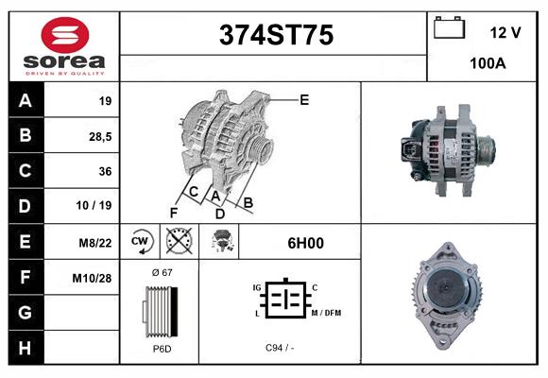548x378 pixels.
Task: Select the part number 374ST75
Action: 275,35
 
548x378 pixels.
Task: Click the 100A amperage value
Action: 488,64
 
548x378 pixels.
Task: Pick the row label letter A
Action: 25,100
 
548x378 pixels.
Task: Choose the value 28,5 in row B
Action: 99,136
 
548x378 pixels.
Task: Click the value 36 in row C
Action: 105,171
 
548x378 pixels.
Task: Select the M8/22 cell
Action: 95,242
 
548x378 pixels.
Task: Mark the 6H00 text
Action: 305,242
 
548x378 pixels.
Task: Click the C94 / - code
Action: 280,349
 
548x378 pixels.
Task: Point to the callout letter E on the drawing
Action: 304,99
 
